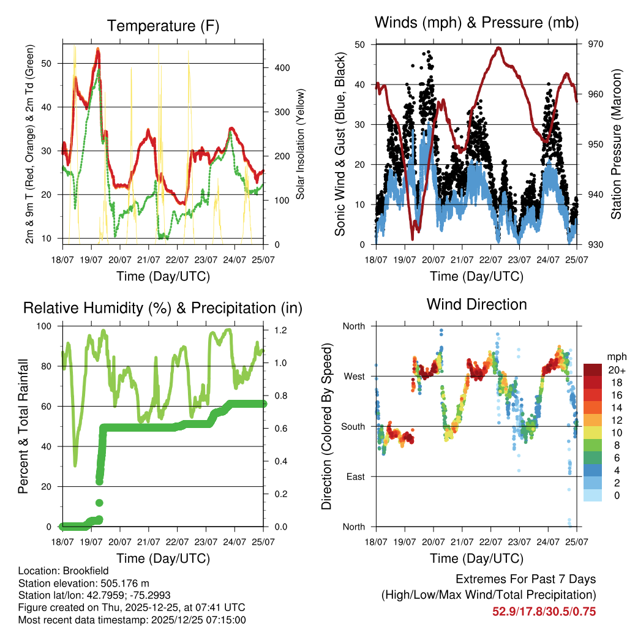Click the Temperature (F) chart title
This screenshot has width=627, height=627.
163,26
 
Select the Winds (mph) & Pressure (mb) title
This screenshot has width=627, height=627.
476,23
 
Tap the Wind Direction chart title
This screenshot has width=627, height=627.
476,304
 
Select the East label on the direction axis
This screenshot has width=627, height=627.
354,476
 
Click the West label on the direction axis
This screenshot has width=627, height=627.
353,376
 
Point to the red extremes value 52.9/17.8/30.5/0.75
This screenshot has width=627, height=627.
544,611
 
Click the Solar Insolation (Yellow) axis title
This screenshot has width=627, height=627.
301,145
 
